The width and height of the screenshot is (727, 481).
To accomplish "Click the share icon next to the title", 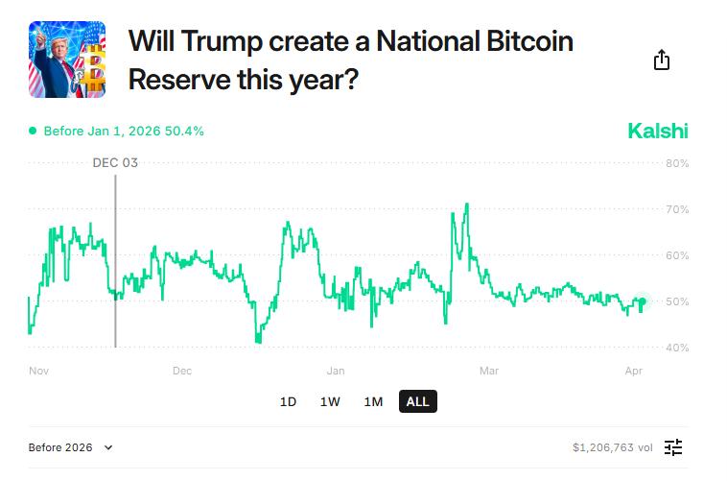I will pyautogui.click(x=661, y=60).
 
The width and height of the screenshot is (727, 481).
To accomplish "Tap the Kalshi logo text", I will pyautogui.click(x=657, y=132).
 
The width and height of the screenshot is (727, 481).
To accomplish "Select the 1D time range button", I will pyautogui.click(x=288, y=402).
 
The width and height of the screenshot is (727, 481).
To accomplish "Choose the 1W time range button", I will pyautogui.click(x=330, y=402).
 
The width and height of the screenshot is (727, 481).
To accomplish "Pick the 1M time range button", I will pyautogui.click(x=373, y=402).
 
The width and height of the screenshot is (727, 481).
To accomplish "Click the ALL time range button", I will pyautogui.click(x=417, y=402).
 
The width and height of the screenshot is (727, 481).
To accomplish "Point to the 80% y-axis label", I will pyautogui.click(x=677, y=163).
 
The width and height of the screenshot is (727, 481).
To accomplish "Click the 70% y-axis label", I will pyautogui.click(x=677, y=209).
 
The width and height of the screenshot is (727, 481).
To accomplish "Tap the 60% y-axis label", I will pyautogui.click(x=677, y=255).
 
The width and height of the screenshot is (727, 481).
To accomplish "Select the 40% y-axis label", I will pyautogui.click(x=677, y=348).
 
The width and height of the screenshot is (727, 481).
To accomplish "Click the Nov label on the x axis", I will pyautogui.click(x=38, y=371).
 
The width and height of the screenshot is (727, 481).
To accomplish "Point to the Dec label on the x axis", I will pyautogui.click(x=181, y=371).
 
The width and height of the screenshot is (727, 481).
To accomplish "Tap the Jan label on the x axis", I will pyautogui.click(x=336, y=371).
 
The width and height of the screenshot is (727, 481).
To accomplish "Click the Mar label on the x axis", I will pyautogui.click(x=489, y=371).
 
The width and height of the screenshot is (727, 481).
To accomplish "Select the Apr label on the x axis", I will pyautogui.click(x=633, y=371).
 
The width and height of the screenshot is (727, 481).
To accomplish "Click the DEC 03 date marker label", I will pyautogui.click(x=115, y=163).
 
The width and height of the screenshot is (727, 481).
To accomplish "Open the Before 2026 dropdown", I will pyautogui.click(x=71, y=447).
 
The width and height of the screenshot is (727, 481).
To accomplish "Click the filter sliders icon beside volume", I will pyautogui.click(x=673, y=447).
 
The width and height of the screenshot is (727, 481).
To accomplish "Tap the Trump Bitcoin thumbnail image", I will pyautogui.click(x=67, y=60).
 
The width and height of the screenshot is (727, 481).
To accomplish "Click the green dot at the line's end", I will pyautogui.click(x=642, y=301).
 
